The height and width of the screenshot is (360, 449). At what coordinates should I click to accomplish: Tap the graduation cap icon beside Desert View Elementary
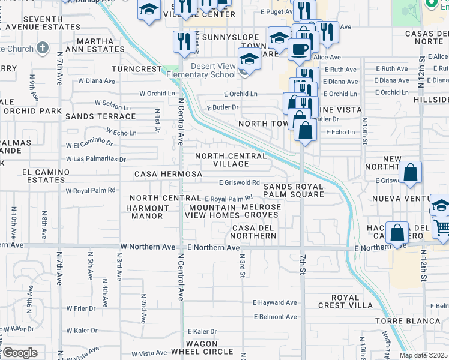[248, 59]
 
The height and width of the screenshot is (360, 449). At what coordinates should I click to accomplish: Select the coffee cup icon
[298, 50]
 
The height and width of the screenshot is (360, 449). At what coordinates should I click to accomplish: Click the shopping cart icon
[441, 229]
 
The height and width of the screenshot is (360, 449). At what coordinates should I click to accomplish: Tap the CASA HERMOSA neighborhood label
[168, 174]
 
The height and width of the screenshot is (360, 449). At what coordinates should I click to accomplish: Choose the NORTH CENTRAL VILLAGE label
[231, 160]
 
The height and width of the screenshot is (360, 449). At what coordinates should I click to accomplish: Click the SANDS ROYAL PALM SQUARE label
[294, 190]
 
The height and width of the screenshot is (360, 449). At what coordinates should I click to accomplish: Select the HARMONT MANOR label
[144, 212]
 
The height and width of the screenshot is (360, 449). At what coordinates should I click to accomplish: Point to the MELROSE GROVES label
[261, 207]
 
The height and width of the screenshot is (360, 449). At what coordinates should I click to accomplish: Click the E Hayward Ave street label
[275, 303]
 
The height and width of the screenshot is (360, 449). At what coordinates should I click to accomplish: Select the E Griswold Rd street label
[239, 182]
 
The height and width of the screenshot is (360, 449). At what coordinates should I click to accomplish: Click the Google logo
[19, 353]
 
